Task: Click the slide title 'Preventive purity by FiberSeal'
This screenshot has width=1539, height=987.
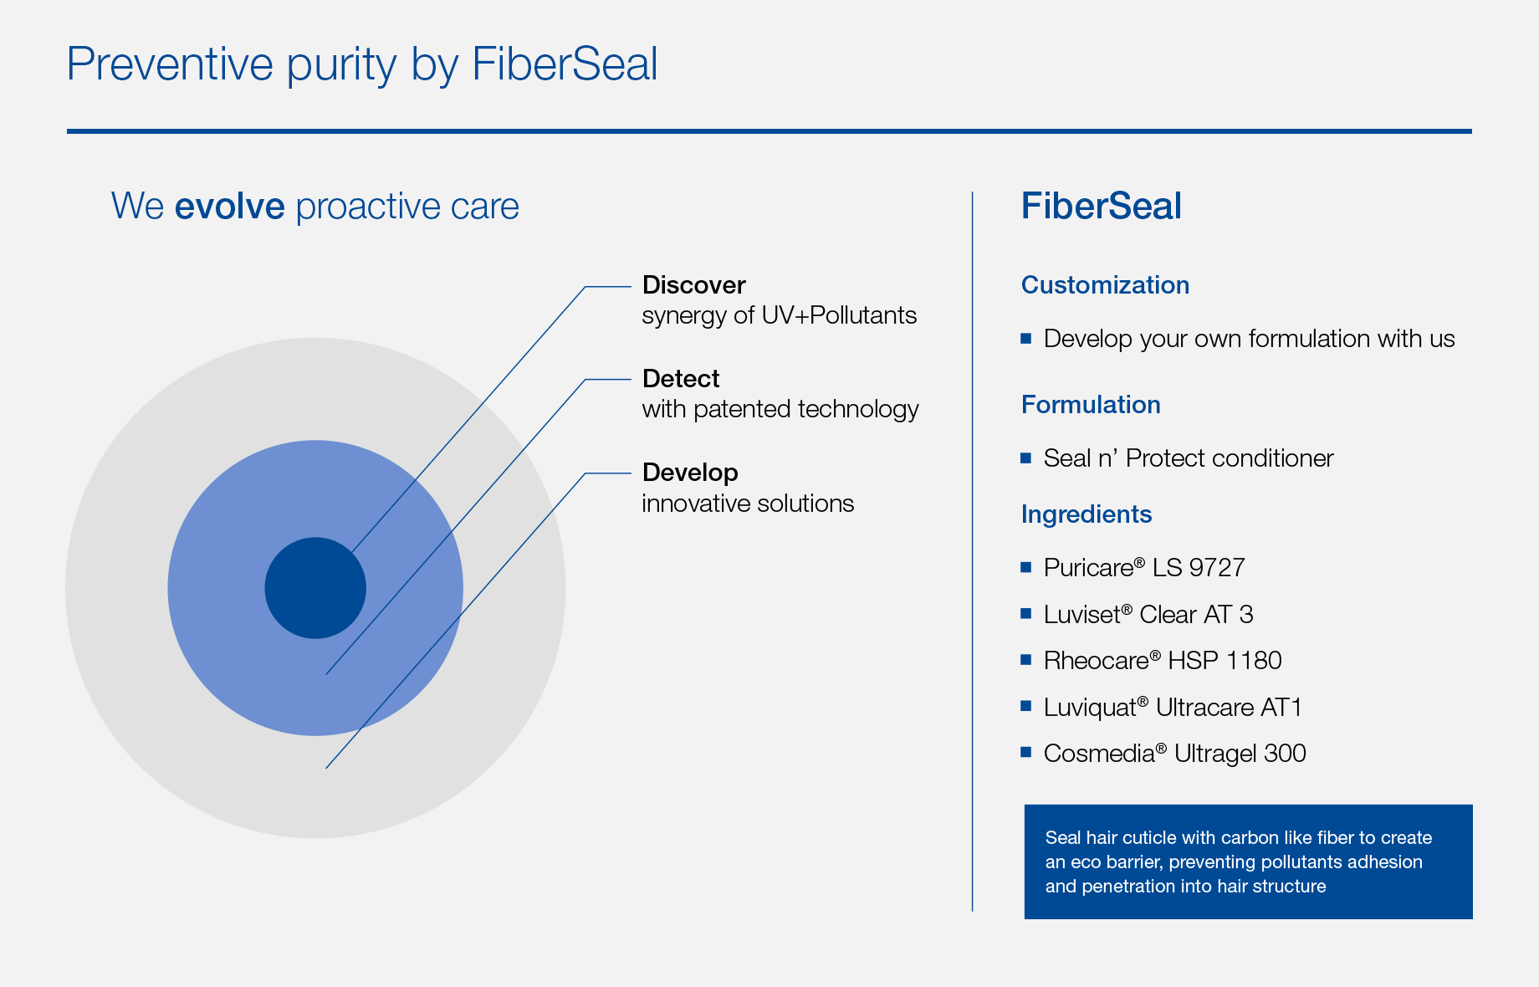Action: point(362,64)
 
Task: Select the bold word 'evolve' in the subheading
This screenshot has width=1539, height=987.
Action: point(230,207)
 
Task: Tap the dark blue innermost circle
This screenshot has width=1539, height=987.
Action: point(315,588)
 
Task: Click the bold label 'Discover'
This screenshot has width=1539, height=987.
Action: point(693,285)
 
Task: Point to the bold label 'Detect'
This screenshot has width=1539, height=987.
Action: point(681,379)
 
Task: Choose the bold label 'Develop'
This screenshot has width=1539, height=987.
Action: point(690,473)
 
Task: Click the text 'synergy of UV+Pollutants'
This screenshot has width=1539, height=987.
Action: point(780,315)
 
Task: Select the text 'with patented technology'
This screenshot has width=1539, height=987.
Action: point(780,409)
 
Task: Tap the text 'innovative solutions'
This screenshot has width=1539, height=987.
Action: point(748,504)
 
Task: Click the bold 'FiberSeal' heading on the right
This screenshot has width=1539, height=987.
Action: point(1102,207)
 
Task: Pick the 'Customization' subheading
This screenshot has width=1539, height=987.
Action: point(1105,285)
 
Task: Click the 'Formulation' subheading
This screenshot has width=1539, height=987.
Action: point(1091,405)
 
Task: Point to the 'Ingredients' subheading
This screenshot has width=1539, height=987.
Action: point(1087,514)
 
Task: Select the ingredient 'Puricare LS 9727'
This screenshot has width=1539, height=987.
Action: point(1144,568)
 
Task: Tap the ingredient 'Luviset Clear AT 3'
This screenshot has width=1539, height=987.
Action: point(1148,615)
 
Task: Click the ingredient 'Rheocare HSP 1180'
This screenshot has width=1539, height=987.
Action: point(1163,661)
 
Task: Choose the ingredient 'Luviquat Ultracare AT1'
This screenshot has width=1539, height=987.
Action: point(1173,708)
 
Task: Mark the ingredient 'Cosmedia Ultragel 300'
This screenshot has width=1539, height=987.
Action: point(1174,754)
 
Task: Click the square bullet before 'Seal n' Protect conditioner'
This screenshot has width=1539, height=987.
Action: point(1026,458)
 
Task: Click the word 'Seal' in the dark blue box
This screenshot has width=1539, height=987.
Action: point(1063,838)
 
